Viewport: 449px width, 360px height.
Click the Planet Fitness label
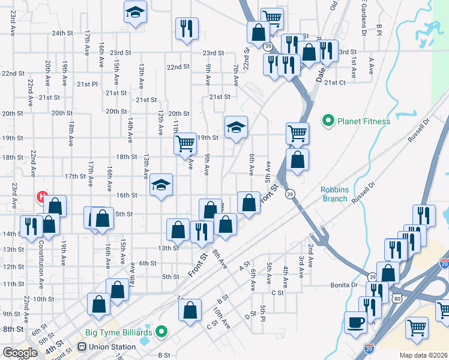point(363,121)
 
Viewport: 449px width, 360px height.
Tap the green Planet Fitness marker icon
point(328,121)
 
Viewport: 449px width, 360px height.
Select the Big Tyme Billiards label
point(123,331)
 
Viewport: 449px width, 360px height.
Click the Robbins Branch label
point(334,194)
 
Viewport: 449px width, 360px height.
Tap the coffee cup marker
point(355,322)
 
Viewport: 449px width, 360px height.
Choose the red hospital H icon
point(42,196)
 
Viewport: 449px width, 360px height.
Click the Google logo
point(20,353)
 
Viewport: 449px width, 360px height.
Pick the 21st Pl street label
point(87,84)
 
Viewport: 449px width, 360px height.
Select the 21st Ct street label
point(334,82)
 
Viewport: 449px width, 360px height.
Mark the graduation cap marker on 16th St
point(160,184)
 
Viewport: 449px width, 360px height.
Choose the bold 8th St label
point(13,329)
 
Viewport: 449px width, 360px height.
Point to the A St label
point(244,264)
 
